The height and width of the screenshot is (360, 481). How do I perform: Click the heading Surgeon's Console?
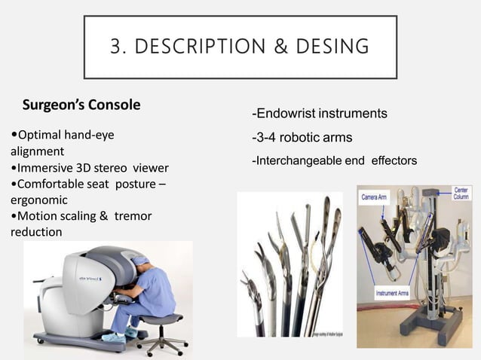[81, 105]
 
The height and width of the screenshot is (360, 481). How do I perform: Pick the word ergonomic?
[38, 200]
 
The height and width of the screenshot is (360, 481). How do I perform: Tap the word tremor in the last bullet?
[133, 216]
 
